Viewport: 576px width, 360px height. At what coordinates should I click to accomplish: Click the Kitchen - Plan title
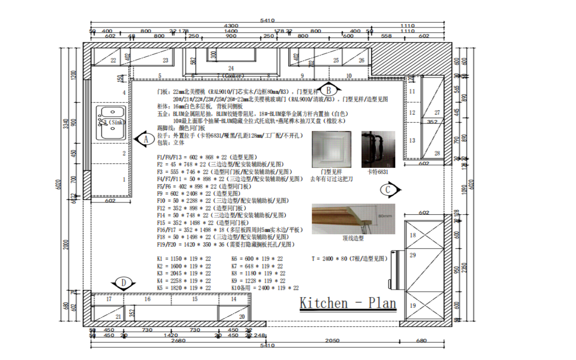(x=348, y=303)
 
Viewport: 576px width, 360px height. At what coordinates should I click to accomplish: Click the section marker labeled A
(x=145, y=139)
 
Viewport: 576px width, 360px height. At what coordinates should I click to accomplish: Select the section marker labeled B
(x=328, y=90)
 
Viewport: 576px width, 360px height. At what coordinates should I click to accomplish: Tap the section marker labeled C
(x=389, y=190)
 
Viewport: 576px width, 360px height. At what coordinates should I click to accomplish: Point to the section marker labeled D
(x=123, y=283)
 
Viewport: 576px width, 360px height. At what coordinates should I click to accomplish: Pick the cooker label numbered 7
(x=230, y=76)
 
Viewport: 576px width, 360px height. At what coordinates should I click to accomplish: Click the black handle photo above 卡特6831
(x=378, y=149)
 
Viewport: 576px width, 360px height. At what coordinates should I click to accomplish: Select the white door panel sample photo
(x=331, y=149)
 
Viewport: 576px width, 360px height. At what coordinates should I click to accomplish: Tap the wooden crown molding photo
(x=353, y=219)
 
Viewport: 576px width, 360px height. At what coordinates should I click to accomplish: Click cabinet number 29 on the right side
(x=413, y=255)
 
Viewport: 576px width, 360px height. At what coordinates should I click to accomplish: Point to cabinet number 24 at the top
(x=231, y=68)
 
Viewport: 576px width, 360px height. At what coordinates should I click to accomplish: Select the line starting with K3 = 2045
(x=184, y=273)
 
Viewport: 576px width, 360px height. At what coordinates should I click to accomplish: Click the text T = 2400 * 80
(x=349, y=259)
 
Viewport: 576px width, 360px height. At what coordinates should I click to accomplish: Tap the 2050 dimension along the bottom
(x=332, y=340)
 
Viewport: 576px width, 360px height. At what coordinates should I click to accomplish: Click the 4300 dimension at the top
(x=231, y=26)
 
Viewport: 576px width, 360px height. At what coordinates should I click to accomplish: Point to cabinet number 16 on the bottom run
(x=147, y=299)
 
